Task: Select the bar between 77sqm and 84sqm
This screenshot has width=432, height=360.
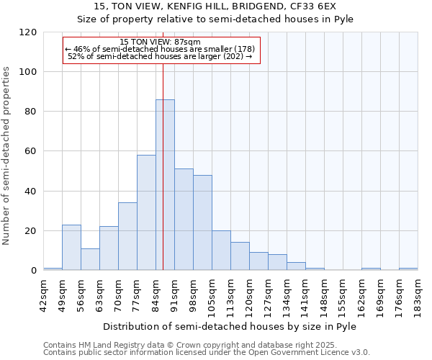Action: point(146,212)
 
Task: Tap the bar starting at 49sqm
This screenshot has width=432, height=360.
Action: point(71,248)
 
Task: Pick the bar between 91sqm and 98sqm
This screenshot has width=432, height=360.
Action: point(184,220)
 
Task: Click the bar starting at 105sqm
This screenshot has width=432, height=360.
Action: point(221,251)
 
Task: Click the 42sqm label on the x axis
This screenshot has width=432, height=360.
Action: point(44,294)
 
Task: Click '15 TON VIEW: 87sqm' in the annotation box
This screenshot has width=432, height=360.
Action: point(160,42)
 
